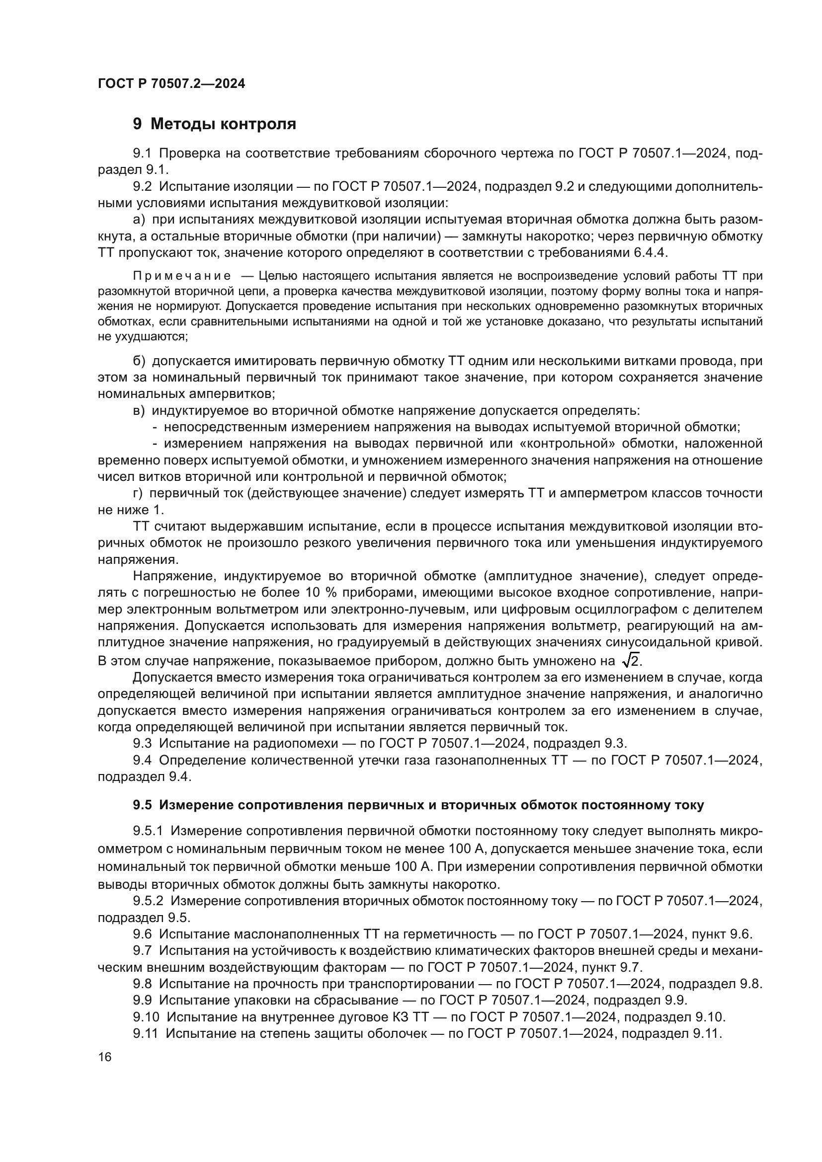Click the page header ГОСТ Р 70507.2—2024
(x=171, y=83)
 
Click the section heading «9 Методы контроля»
(x=214, y=124)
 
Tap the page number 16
(x=105, y=1057)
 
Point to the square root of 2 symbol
(x=631, y=660)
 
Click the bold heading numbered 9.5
(x=418, y=805)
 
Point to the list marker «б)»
(x=139, y=361)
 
